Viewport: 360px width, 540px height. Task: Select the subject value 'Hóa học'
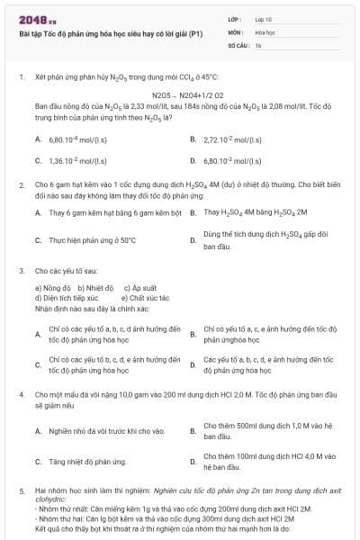click(265, 31)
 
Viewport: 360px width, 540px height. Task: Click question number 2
click(21, 184)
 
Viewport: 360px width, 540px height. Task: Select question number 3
click(21, 270)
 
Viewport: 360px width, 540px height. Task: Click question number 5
click(21, 491)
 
